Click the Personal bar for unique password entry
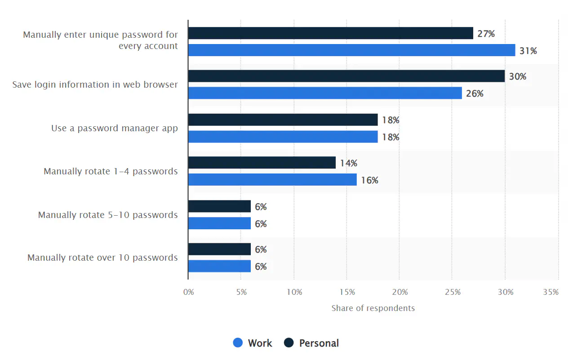(x=330, y=33)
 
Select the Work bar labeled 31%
(x=351, y=50)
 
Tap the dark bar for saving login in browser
(x=346, y=76)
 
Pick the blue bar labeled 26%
(x=325, y=93)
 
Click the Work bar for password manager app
(x=283, y=137)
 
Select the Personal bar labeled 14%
(x=262, y=163)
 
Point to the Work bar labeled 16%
(x=272, y=180)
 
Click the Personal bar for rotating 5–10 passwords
(x=219, y=206)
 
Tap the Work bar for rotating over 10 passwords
(x=219, y=266)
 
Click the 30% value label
(x=517, y=77)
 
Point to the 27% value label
(x=486, y=33)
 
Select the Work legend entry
(x=253, y=343)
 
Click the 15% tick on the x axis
(x=347, y=292)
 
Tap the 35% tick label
(x=551, y=292)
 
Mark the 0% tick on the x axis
(x=188, y=292)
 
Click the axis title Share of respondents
(x=373, y=308)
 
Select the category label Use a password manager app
(x=114, y=128)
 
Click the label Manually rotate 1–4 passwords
(x=111, y=171)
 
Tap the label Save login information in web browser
(x=95, y=84)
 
